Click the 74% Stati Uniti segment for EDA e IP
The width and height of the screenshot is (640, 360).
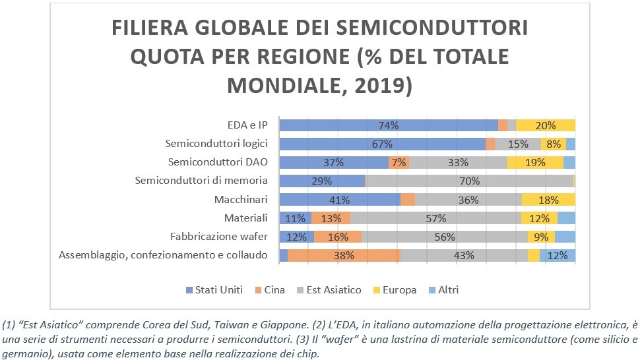click(389, 125)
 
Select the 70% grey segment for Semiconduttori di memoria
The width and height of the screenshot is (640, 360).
click(469, 181)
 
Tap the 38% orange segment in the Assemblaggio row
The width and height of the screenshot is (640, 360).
click(344, 255)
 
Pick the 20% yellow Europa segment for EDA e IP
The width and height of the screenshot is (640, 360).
click(545, 125)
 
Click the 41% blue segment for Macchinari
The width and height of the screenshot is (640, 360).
click(340, 199)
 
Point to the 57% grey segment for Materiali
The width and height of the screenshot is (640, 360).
click(435, 218)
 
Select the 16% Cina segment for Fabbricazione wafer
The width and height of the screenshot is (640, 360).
click(338, 237)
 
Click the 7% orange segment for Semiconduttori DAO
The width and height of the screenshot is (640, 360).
click(399, 162)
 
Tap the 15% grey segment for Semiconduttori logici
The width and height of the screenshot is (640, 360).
click(517, 144)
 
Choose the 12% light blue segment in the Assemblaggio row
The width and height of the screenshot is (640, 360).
click(558, 255)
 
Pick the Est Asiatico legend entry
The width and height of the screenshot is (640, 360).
click(331, 289)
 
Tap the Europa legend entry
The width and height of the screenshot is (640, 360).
click(396, 289)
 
